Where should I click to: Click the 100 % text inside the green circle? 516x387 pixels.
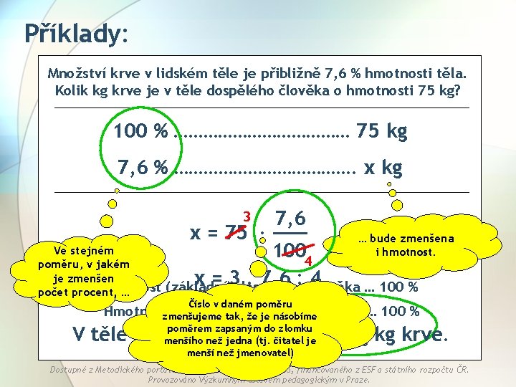tap(140, 132)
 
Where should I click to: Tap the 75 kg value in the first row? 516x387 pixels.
tap(381, 132)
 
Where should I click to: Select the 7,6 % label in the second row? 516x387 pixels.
tap(143, 168)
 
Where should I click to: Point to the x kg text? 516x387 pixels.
tap(383, 168)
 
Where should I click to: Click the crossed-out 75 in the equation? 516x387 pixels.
tap(232, 234)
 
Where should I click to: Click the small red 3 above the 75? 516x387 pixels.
tap(246, 216)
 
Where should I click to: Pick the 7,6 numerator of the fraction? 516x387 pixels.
tap(291, 214)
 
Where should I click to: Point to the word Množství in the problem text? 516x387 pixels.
tap(75, 74)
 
